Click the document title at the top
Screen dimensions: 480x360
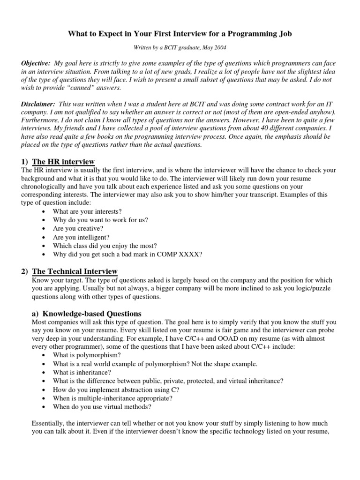(180, 34)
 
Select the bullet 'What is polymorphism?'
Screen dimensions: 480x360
(80, 355)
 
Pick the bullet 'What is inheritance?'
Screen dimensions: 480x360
(76, 372)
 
